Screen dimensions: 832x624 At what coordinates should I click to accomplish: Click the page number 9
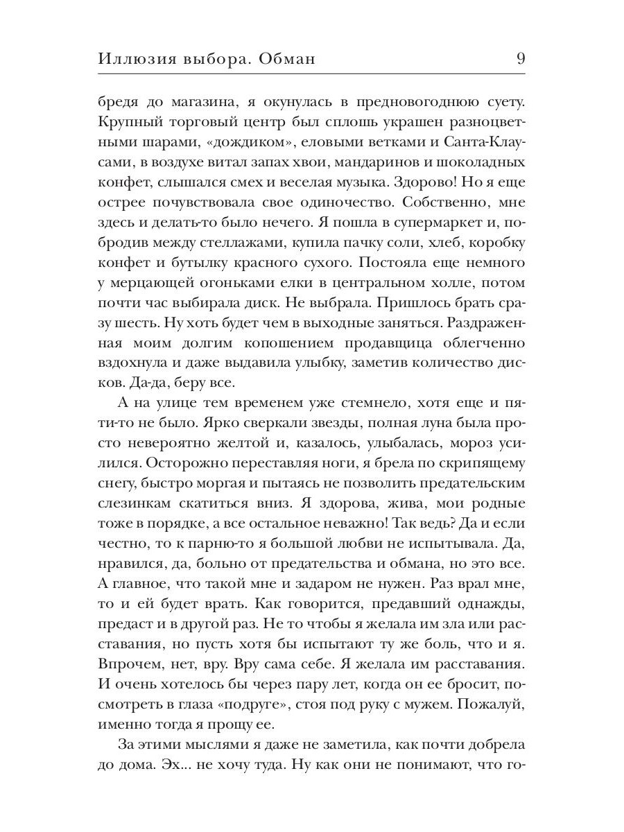520,59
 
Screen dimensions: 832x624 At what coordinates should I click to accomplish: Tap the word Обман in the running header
286,59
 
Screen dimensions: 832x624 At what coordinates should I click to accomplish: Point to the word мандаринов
369,164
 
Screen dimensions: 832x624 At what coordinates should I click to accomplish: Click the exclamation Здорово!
432,184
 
